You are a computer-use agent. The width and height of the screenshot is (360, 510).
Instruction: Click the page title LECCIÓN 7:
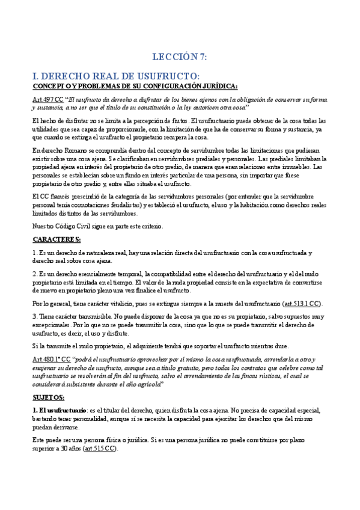[180, 58]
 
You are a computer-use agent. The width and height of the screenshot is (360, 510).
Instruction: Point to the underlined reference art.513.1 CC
[303, 304]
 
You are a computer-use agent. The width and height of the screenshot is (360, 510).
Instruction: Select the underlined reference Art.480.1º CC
[52, 358]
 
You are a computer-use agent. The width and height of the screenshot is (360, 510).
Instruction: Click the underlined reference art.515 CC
[102, 449]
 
